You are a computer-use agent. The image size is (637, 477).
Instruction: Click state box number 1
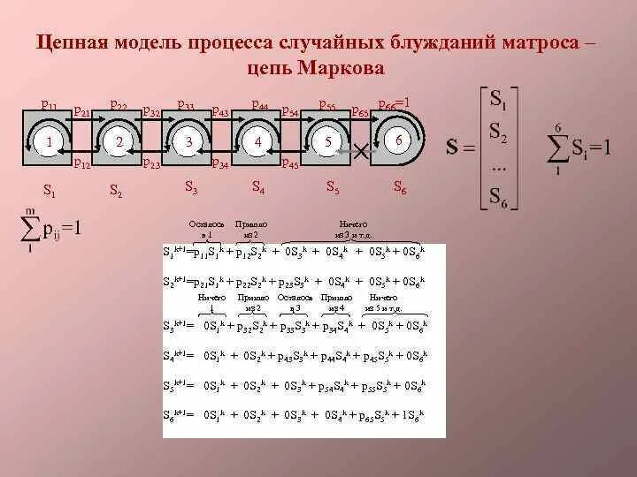(50, 141)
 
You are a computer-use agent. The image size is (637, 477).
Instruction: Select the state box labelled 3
(188, 141)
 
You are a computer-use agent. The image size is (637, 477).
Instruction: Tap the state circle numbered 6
(399, 141)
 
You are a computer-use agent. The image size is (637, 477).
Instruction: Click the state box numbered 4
(257, 141)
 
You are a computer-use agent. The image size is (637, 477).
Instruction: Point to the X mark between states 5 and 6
(360, 150)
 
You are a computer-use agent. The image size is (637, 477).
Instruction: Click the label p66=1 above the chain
(394, 104)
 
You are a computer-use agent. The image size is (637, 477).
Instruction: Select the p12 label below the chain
(81, 163)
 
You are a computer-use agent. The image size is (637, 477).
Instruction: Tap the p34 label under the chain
(220, 163)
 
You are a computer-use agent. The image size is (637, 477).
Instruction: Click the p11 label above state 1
(50, 106)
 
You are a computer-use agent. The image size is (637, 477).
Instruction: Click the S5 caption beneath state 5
(333, 186)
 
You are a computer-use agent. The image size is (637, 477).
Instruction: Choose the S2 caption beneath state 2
(116, 188)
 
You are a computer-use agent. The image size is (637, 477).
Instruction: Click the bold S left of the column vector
(451, 148)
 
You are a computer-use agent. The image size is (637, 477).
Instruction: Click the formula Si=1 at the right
(592, 148)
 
